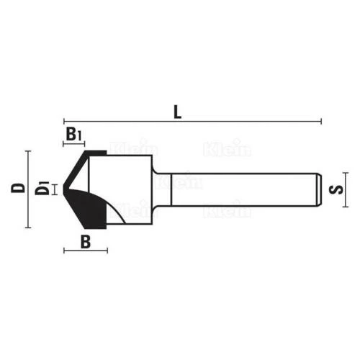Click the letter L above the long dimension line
177,112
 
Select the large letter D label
17,189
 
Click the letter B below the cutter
85,241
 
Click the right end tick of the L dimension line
321,121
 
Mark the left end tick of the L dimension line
64,121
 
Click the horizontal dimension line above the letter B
86,251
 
